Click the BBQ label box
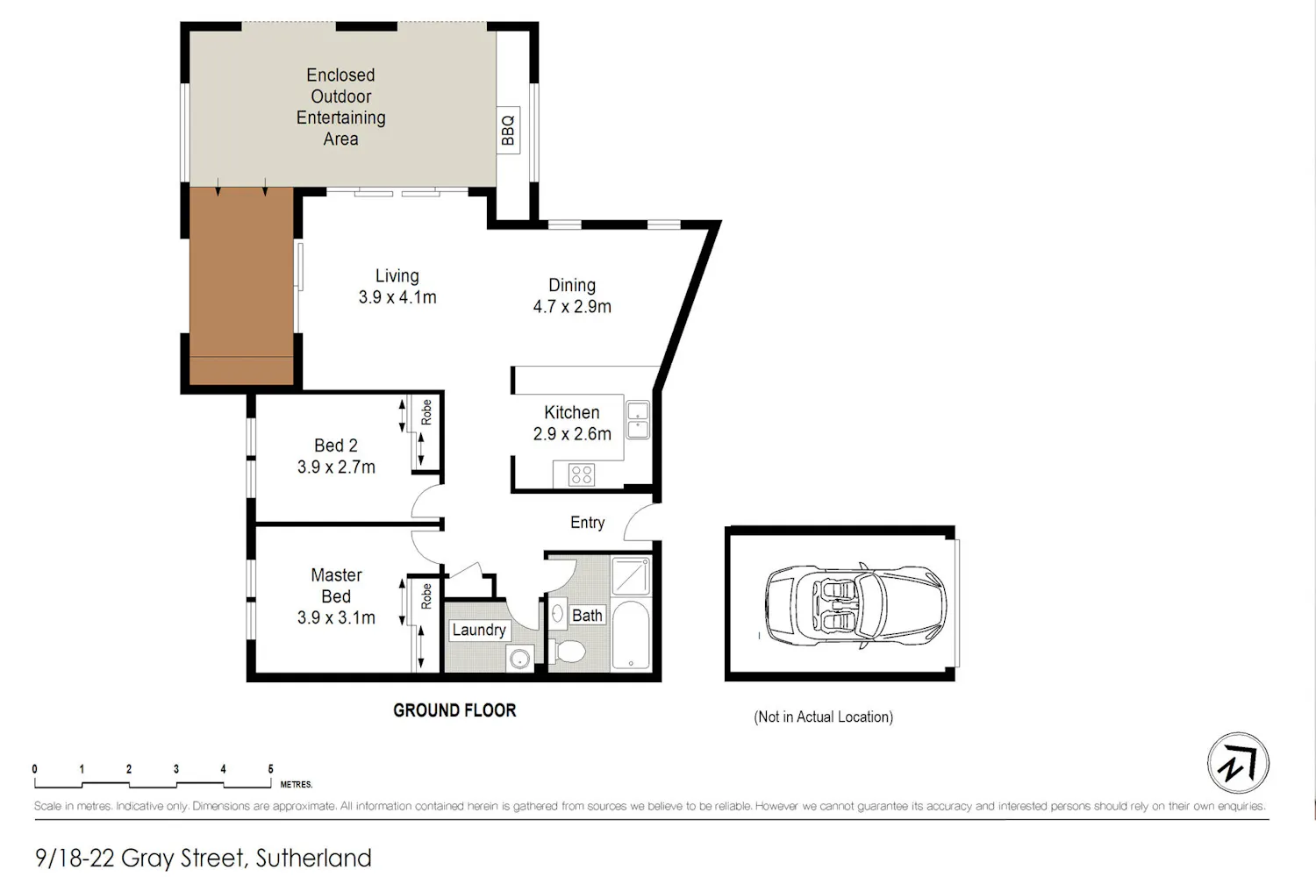point(508,131)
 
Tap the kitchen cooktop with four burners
point(581,474)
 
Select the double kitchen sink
point(638,419)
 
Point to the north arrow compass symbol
point(1239,763)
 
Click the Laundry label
point(479,630)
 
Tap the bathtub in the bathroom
point(631,635)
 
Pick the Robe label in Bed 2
point(426,412)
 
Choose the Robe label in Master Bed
point(426,596)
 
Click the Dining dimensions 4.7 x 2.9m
point(572,307)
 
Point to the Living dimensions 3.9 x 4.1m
point(397,297)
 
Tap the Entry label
point(588,522)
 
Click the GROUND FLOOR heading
point(454,710)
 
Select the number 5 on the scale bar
point(270,769)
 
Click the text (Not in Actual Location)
point(823,717)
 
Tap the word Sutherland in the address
point(314,858)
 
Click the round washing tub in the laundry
point(520,658)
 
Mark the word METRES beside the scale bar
point(297,784)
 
